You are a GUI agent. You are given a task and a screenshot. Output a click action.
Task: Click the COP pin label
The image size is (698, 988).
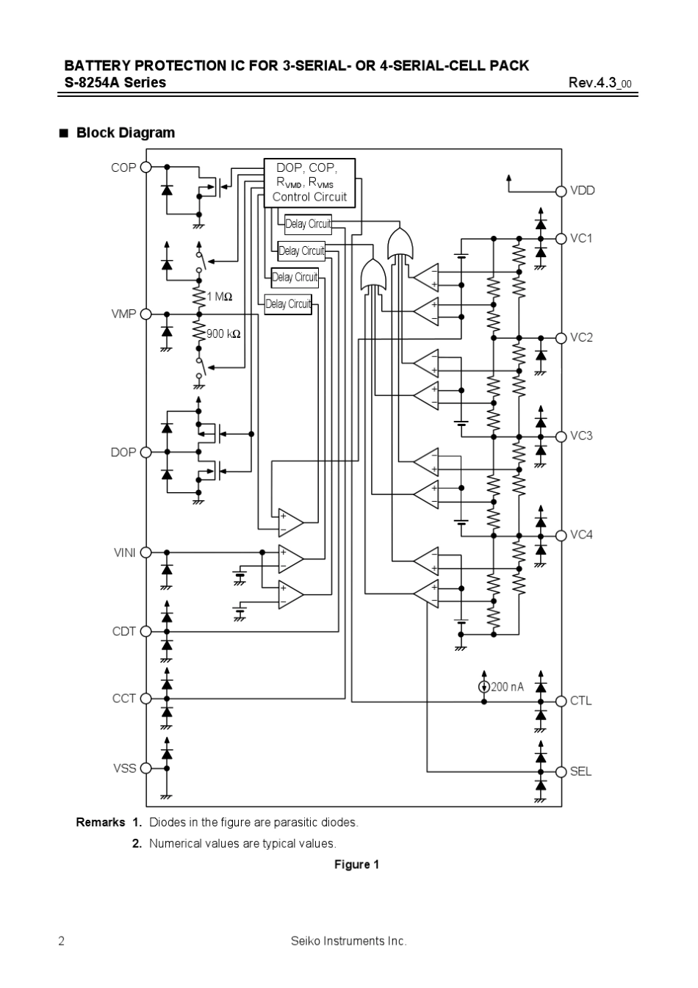pos(123,167)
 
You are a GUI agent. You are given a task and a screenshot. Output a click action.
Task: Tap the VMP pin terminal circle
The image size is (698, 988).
pos(145,314)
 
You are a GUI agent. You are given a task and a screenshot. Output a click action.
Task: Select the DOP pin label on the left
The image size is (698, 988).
pos(123,452)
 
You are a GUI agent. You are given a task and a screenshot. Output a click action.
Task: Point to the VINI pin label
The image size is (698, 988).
pos(124,552)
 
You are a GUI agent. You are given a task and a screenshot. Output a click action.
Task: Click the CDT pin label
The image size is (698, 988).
pos(123,631)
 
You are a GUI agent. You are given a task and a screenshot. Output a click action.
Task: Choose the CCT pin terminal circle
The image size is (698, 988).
pos(145,699)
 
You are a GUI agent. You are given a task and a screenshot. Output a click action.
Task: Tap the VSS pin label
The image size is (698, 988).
pos(124,768)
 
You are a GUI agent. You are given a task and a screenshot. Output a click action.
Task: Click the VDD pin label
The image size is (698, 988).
pos(583,190)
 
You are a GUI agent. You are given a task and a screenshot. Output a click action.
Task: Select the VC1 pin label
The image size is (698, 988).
pos(581,239)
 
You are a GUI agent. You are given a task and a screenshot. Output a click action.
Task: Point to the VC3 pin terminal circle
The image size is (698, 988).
pos(561,436)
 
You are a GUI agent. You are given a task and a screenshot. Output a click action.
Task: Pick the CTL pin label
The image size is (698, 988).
pos(580,701)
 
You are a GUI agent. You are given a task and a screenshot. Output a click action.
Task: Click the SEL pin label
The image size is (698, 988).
pos(580,771)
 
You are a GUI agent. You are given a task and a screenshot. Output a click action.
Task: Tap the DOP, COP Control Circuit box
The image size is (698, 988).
pos(309,183)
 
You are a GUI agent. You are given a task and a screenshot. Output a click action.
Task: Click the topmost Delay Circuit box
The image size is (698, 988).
pos(308,224)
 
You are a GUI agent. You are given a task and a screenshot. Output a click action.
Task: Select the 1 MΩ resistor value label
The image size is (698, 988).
pos(219,297)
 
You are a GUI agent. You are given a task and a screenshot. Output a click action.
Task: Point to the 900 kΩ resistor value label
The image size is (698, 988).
pos(223,333)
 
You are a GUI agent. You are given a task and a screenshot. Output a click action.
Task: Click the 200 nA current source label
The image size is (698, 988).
pos(507,687)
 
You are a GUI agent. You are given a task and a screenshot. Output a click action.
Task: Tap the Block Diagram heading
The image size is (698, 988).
pos(125,133)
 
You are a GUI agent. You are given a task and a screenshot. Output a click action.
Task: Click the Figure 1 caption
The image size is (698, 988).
pos(356,865)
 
